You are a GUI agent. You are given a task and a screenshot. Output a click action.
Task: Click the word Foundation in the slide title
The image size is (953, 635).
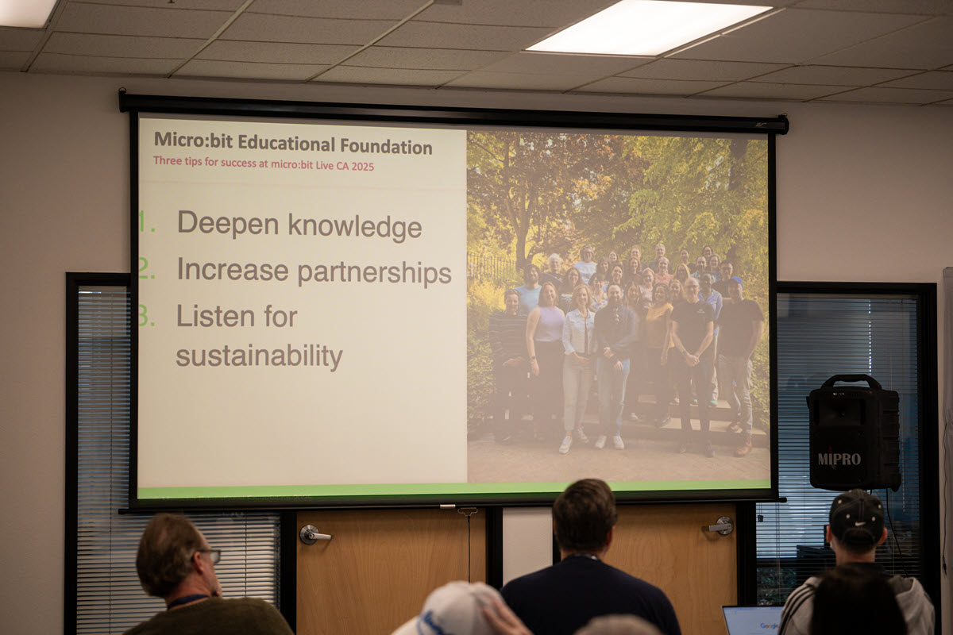(386, 146)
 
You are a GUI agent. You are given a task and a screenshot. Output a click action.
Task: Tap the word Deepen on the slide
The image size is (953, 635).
(228, 223)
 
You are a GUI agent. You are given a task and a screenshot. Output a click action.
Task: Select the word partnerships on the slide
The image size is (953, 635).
(374, 272)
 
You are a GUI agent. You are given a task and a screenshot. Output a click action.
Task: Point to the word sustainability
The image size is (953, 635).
(259, 356)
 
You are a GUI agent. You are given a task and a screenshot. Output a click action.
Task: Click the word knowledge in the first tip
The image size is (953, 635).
(355, 226)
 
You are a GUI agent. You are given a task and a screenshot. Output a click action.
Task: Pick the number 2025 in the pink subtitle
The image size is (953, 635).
(362, 167)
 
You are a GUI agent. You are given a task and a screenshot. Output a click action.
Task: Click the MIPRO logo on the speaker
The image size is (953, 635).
(839, 459)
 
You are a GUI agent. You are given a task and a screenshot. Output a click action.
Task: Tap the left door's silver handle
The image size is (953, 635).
(314, 535)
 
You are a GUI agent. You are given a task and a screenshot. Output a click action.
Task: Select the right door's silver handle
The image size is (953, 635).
(720, 525)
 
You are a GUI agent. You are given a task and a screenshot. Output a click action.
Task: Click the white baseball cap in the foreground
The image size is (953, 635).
(452, 609)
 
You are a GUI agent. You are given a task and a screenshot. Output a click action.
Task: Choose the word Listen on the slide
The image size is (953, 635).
(216, 316)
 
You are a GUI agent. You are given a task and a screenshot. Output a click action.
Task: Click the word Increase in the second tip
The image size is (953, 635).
(233, 269)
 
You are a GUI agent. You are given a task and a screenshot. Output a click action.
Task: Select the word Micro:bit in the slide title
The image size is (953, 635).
(193, 140)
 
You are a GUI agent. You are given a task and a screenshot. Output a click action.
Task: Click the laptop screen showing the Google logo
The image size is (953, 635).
(752, 621)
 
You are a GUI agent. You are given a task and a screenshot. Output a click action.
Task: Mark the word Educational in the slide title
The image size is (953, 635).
(287, 144)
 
